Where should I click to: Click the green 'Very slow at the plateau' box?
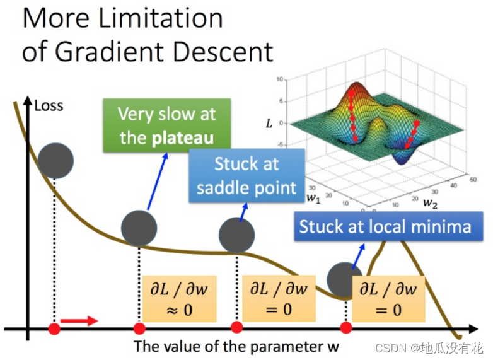tap(166, 126)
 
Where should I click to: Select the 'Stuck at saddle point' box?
tap(246, 176)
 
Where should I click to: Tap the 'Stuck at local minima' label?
tap(385, 226)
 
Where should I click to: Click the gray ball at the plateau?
tap(139, 228)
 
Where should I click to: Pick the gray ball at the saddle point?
tap(236, 235)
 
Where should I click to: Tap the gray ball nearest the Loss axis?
tap(55, 160)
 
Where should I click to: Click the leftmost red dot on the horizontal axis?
tap(55, 328)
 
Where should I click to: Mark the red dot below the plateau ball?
tap(139, 328)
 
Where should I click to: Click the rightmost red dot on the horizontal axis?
tap(345, 328)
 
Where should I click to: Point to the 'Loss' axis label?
tap(49, 105)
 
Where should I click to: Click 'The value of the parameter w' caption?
tap(236, 346)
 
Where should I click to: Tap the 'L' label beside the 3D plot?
tap(269, 124)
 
